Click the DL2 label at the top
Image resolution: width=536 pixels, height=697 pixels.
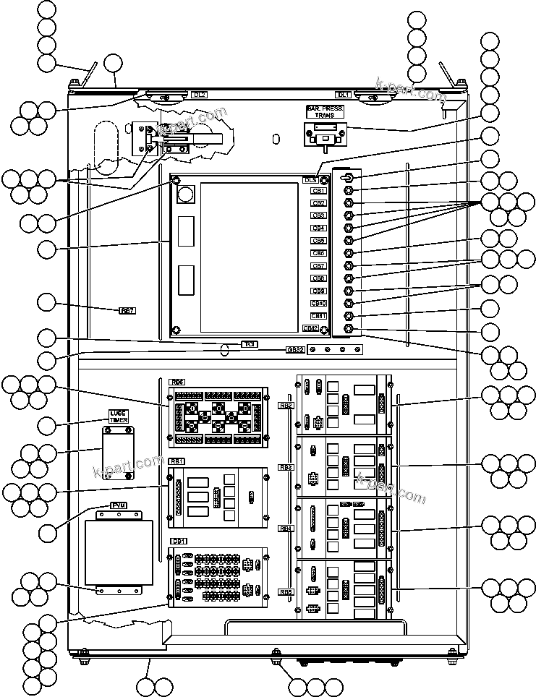(200, 95)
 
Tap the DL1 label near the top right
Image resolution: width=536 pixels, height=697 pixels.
(343, 95)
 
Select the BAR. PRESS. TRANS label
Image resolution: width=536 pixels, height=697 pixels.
(325, 111)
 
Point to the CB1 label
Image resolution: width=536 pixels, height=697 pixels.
(318, 192)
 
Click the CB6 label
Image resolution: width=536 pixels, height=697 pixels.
(318, 254)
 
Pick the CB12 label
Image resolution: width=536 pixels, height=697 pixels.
(311, 328)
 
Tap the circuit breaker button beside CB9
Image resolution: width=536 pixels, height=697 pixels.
(349, 291)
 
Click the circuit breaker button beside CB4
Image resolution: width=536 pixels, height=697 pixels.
(349, 228)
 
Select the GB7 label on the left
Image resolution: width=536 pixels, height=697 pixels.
(127, 310)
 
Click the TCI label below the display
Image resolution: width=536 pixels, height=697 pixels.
(249, 344)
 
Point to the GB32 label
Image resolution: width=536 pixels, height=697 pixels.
(294, 350)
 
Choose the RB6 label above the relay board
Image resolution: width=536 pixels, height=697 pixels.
(176, 382)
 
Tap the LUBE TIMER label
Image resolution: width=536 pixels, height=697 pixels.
(118, 416)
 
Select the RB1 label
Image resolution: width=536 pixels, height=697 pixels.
(176, 461)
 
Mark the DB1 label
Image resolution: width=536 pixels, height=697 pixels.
(178, 541)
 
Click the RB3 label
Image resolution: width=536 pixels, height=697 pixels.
(286, 467)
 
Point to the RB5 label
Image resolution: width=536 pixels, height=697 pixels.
(286, 591)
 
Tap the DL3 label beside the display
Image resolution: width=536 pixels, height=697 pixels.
(310, 179)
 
